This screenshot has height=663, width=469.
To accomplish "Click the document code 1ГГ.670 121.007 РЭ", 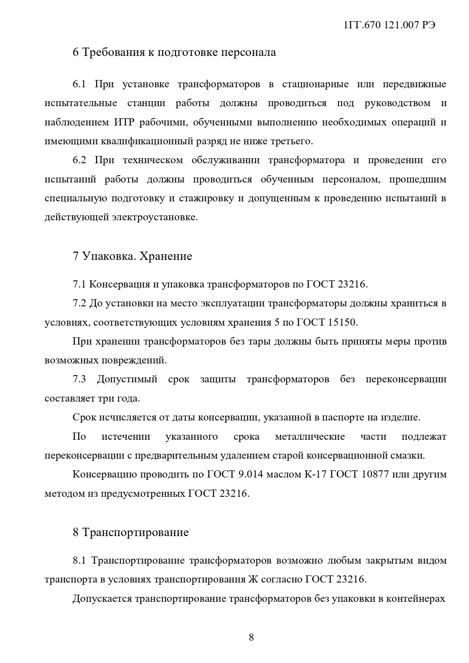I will pos(390,25).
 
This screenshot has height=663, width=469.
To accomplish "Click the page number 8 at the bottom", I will pos(251,637).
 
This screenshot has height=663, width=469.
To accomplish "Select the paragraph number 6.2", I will pos(79,160).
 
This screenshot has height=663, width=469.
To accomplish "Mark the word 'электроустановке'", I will pos(155,217).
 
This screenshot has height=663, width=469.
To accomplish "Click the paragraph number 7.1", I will pos(79,284).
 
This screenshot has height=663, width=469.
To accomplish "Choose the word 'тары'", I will pos(258,342).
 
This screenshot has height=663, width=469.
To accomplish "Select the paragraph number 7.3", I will pos(79,379).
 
